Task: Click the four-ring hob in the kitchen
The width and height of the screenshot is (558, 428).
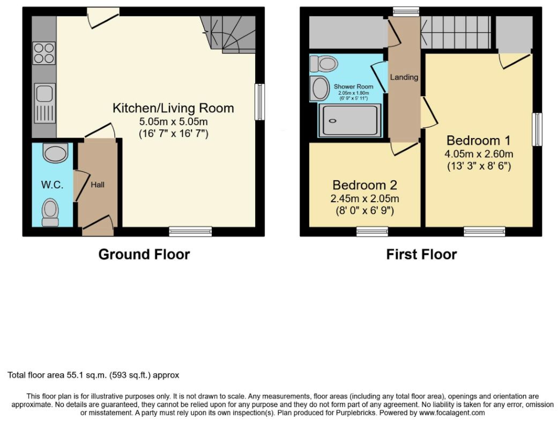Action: (44, 53)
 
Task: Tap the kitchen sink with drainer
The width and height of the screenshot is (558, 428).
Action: (45, 103)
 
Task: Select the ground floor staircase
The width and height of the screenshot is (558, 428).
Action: (228, 34)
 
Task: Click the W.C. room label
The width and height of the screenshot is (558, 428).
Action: (52, 185)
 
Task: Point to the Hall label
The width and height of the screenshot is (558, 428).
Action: (98, 185)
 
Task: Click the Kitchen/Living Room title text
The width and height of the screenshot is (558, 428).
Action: (173, 108)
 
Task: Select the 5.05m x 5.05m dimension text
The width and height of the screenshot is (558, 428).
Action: (173, 121)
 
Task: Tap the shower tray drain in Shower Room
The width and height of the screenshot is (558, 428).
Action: (333, 121)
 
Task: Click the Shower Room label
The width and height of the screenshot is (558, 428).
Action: (353, 86)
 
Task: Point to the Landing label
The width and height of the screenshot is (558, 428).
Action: (404, 77)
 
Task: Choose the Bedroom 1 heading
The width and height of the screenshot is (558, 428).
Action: (479, 141)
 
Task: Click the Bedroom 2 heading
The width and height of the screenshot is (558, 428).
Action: (365, 185)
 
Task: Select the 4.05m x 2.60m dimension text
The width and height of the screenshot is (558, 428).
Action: (479, 154)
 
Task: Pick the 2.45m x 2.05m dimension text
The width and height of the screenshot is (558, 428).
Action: (365, 198)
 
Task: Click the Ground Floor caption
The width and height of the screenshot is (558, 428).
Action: (144, 254)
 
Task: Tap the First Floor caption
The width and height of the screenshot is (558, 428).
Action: (422, 254)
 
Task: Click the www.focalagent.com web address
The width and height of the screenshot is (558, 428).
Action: (452, 412)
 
